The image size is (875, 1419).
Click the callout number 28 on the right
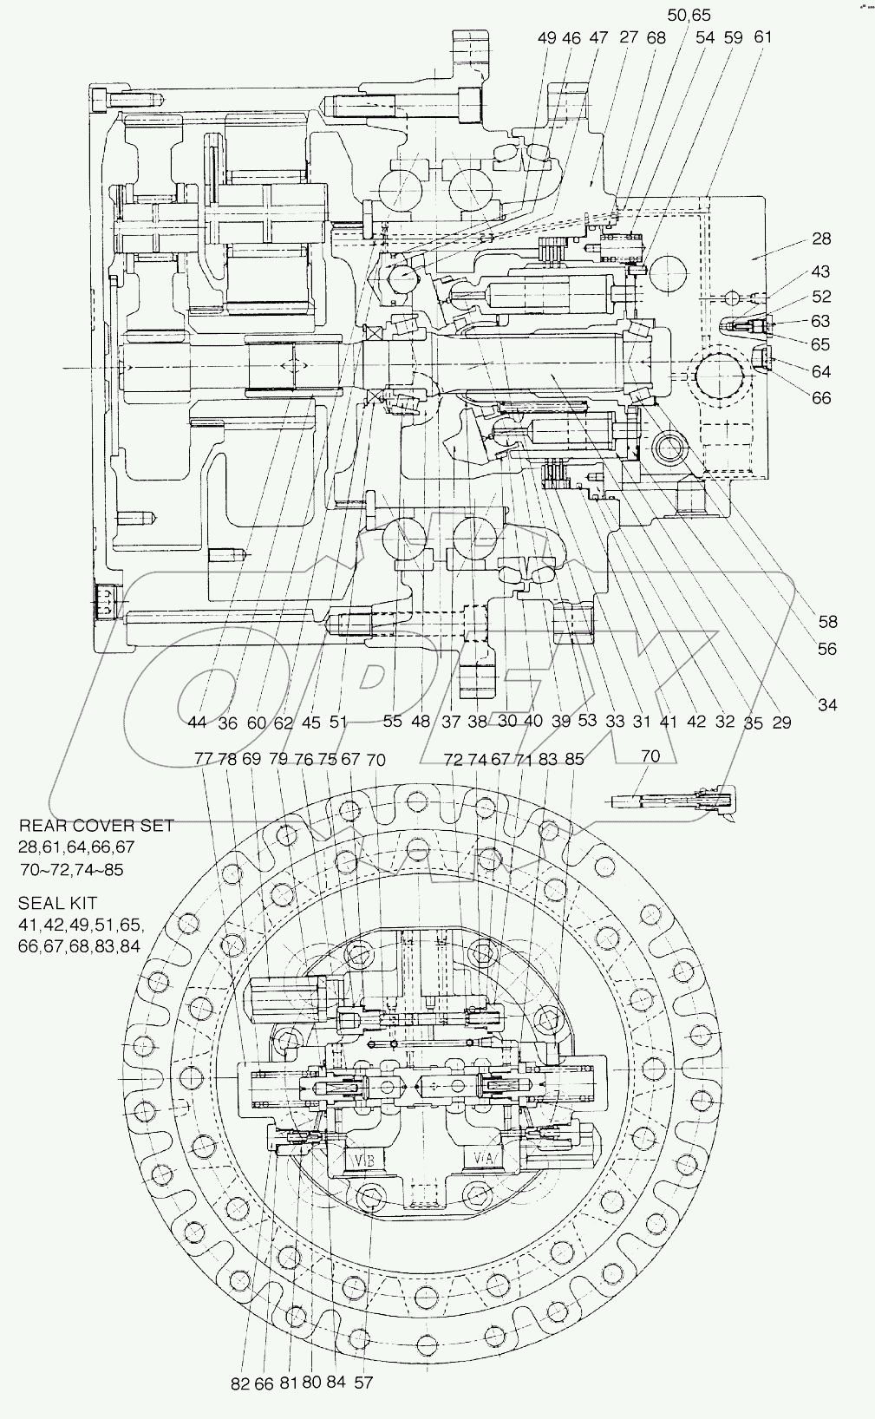pyautogui.click(x=821, y=239)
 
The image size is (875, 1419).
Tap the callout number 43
pyautogui.click(x=820, y=272)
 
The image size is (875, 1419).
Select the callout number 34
pyautogui.click(x=827, y=704)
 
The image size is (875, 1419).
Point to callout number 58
pyautogui.click(x=827, y=621)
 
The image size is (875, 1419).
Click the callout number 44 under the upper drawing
pyautogui.click(x=197, y=722)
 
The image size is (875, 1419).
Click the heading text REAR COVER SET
pyautogui.click(x=96, y=825)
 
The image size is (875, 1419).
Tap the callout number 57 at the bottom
pyautogui.click(x=364, y=1383)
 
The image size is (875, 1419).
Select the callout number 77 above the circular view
pyautogui.click(x=204, y=758)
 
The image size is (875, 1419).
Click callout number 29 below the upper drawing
pyautogui.click(x=781, y=722)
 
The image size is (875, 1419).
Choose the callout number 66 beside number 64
pyautogui.click(x=820, y=398)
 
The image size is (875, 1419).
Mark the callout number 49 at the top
pyautogui.click(x=547, y=37)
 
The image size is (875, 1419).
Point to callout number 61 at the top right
pyautogui.click(x=763, y=37)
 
